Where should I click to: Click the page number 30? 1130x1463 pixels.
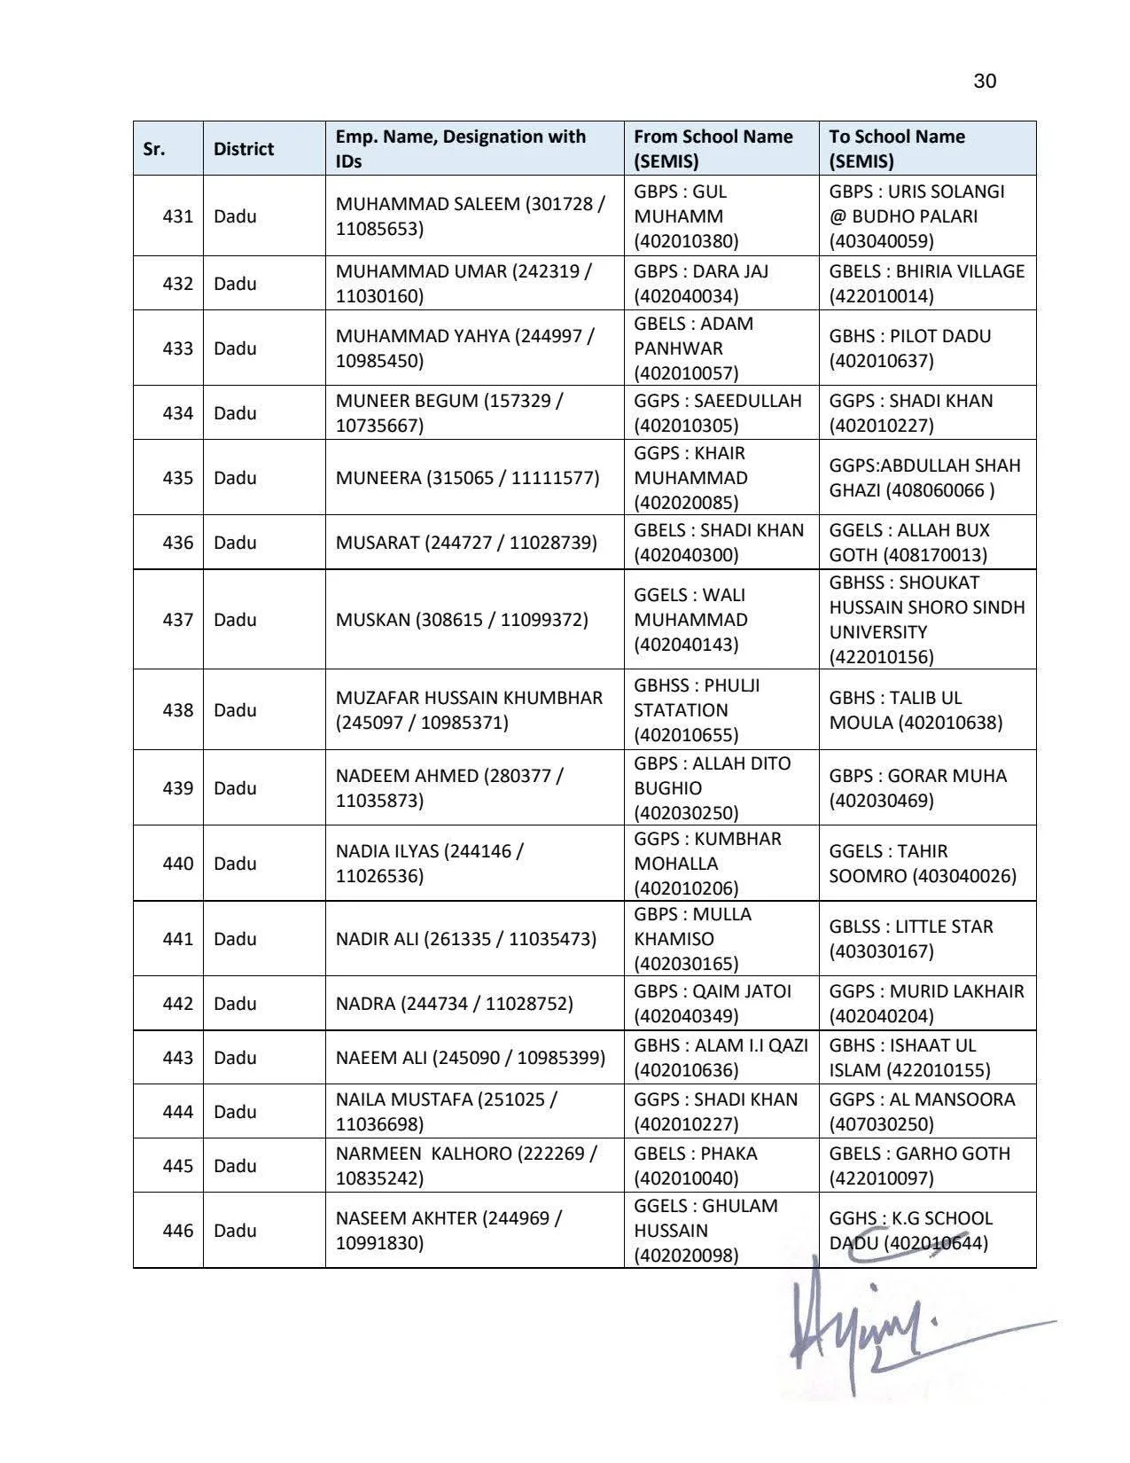tap(984, 82)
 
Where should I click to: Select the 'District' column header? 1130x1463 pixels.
tap(244, 149)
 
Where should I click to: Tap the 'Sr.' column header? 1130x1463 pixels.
tap(154, 149)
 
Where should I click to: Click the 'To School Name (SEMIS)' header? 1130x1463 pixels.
tap(897, 149)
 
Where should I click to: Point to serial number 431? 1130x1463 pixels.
tap(177, 216)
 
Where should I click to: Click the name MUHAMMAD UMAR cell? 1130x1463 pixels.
tap(464, 284)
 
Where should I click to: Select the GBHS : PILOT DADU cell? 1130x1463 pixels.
tap(910, 348)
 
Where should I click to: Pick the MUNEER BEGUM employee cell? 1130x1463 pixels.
tap(449, 413)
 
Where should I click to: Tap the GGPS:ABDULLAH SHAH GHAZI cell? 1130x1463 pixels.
tap(924, 478)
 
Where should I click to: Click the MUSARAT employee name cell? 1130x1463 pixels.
tap(466, 543)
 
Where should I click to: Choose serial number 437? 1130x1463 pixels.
tap(177, 620)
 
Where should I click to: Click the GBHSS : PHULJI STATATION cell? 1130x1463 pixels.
tap(697, 710)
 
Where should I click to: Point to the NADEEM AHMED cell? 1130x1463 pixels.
tap(449, 788)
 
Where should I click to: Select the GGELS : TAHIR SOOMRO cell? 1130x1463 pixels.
tap(923, 864)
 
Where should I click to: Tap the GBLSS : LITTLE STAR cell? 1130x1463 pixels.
tap(911, 939)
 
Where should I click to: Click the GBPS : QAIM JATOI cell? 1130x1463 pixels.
tap(713, 1004)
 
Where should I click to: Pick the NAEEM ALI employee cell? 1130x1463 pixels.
tap(471, 1058)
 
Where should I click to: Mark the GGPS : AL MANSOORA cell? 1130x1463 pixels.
tap(922, 1112)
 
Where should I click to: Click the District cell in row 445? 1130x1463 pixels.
tap(235, 1166)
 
